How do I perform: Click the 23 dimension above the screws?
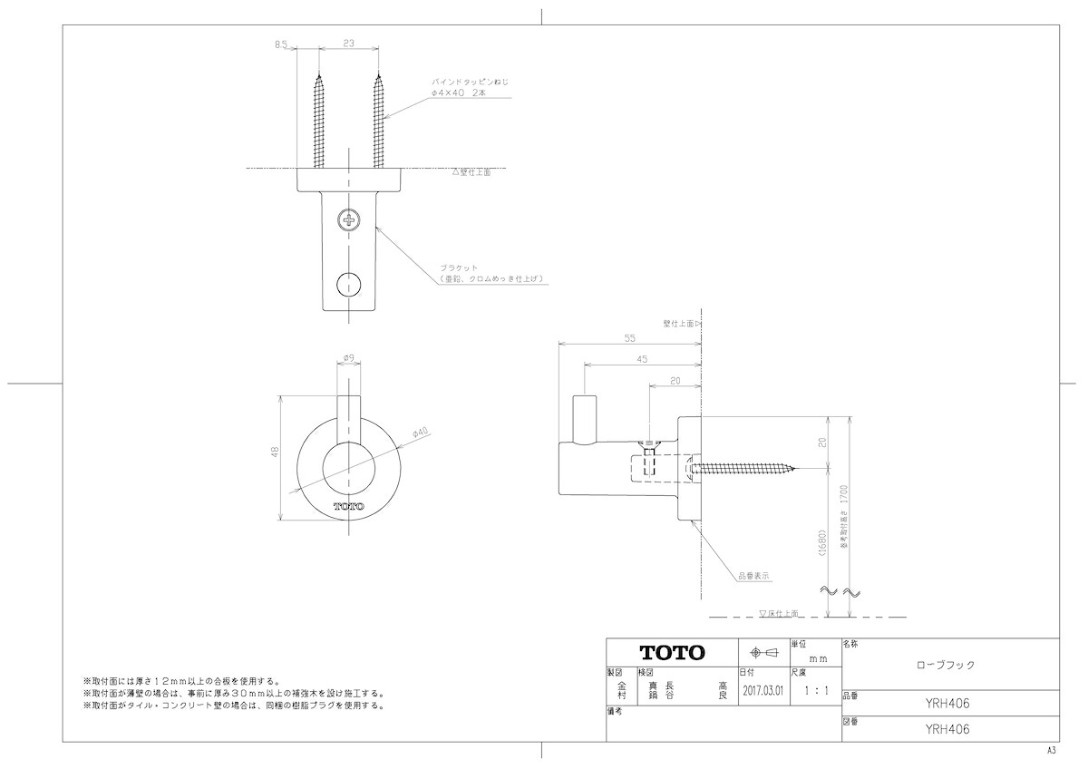(349, 42)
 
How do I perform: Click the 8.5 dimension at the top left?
(281, 43)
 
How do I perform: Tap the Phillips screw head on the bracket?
(349, 219)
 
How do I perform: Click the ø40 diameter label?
(420, 433)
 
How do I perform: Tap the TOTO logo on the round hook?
(349, 506)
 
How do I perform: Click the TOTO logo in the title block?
(672, 653)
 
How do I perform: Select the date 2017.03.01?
(763, 690)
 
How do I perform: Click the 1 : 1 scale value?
(816, 690)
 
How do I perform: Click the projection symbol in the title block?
(762, 653)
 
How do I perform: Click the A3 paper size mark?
(1052, 752)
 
